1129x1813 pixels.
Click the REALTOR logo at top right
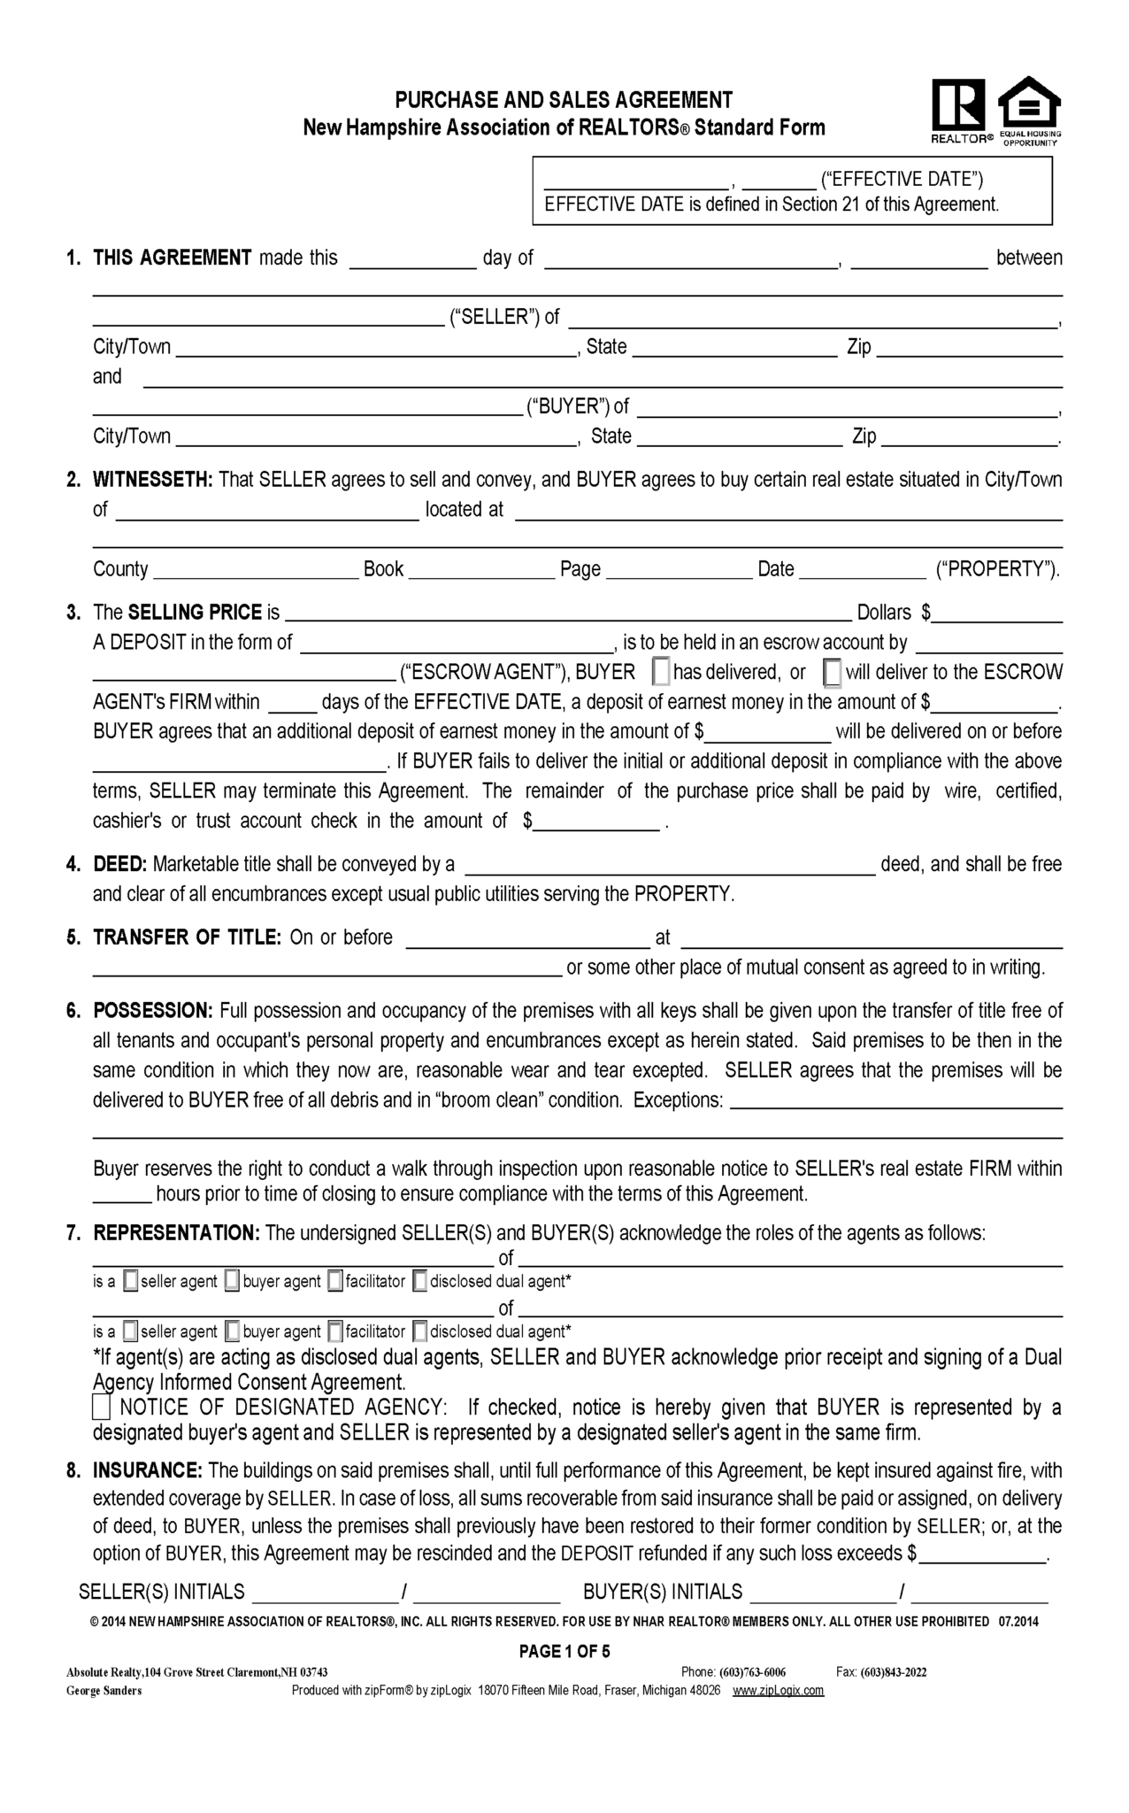(957, 108)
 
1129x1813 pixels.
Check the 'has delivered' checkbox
(661, 673)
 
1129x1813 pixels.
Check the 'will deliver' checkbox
(833, 673)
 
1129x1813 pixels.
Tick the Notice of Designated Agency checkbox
(103, 1408)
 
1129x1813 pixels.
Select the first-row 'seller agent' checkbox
(131, 1281)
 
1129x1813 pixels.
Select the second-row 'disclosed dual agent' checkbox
(420, 1331)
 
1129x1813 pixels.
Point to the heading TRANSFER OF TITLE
(187, 937)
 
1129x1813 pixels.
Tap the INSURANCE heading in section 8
(148, 1470)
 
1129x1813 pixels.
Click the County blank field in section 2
(256, 570)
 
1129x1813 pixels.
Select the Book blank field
(481, 570)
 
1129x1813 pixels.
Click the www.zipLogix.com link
(779, 1690)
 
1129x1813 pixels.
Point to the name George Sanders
(104, 1690)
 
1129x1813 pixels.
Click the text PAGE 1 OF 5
(564, 1651)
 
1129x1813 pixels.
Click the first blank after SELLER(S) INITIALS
(326, 1593)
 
